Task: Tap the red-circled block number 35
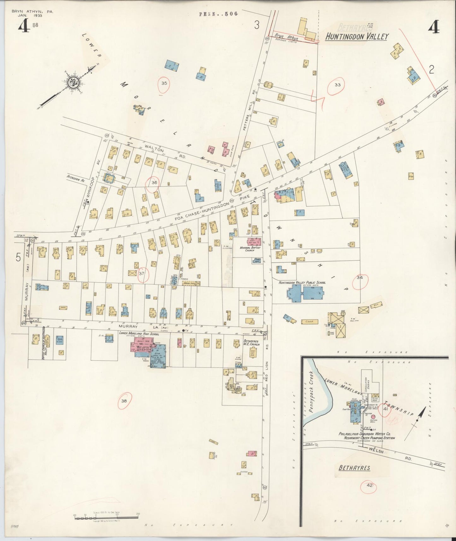tap(164, 84)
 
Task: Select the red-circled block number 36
tap(154, 183)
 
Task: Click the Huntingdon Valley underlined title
tap(357, 37)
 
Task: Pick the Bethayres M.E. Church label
tap(251, 343)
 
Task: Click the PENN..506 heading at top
tap(218, 14)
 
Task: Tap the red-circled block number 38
tap(124, 401)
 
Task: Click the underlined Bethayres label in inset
tap(354, 468)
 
